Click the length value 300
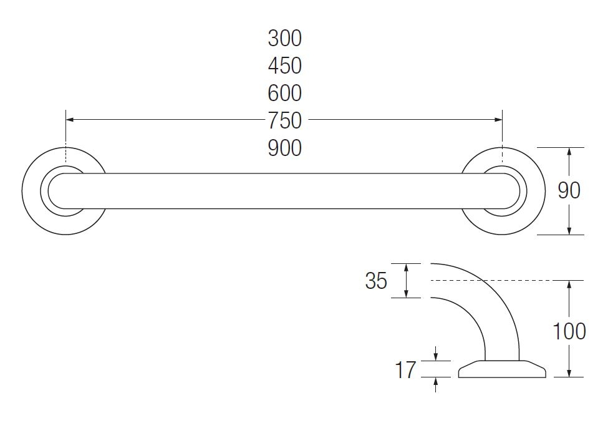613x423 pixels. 284,38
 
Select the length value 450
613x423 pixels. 284,66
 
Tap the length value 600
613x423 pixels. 284,93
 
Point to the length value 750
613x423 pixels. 284,120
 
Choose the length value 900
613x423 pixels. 284,148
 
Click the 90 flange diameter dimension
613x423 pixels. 569,190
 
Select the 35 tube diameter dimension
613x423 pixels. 376,281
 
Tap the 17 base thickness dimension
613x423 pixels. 405,370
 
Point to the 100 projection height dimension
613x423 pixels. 569,331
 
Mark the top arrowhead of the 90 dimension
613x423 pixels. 569,152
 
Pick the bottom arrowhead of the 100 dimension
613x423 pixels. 569,372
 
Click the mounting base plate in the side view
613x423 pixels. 502,369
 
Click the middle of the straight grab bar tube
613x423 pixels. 284,191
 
